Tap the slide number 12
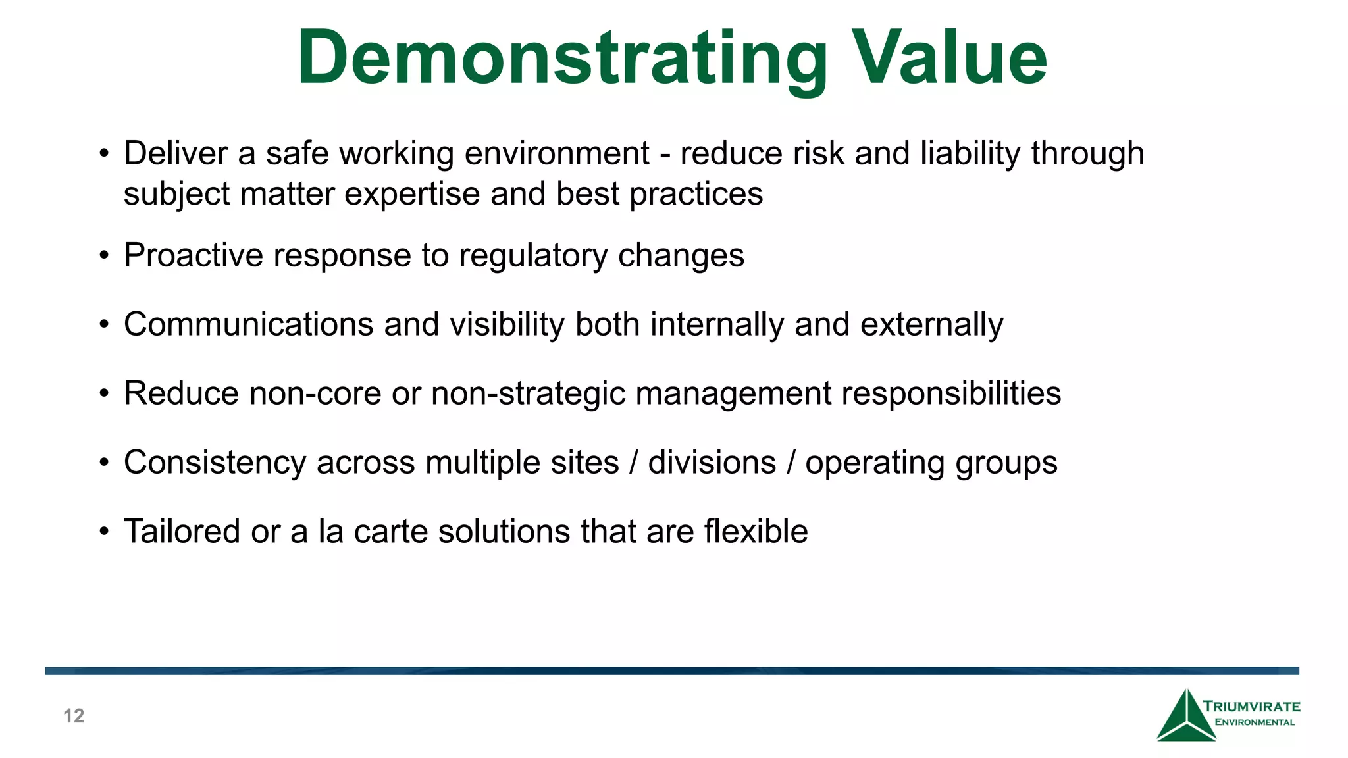[74, 716]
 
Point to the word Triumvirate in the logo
[1251, 707]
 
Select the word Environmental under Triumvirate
[1255, 722]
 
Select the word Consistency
[215, 463]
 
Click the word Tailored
[182, 532]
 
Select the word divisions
[712, 463]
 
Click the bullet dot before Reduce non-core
[104, 394]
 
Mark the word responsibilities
[951, 394]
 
